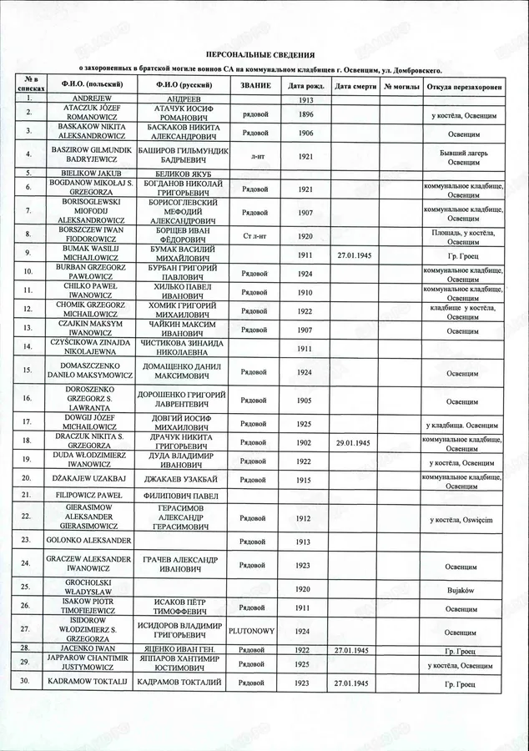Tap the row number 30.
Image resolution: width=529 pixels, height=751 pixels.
28,683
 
